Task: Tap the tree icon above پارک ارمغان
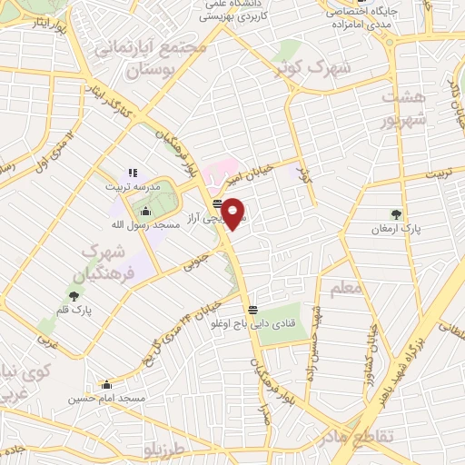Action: (x=396, y=214)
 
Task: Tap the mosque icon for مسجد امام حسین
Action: (x=107, y=384)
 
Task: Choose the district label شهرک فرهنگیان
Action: (x=109, y=260)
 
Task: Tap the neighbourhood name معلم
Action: (x=346, y=288)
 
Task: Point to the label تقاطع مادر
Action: (x=361, y=439)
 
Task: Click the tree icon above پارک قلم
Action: (x=74, y=294)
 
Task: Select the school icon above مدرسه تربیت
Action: (x=132, y=173)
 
